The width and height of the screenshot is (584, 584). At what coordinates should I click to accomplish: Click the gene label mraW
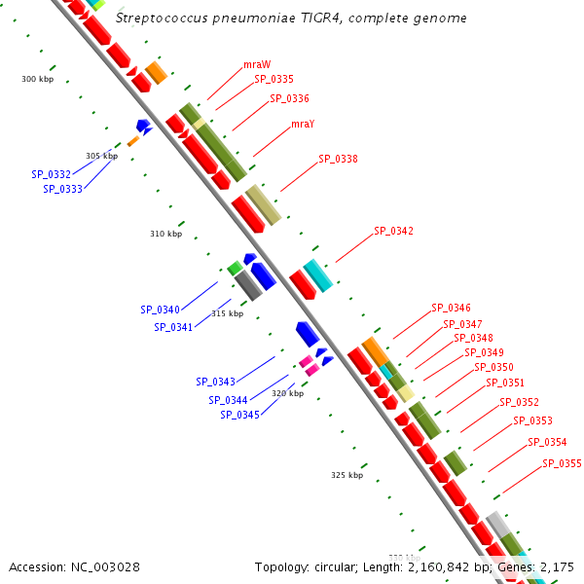coord(257,64)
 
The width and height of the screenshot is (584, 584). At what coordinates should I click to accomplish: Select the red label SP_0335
coord(274,79)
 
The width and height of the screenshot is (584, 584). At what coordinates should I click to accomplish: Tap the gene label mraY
coord(303,124)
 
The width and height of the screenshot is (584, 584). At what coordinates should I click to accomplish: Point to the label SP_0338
coord(338,159)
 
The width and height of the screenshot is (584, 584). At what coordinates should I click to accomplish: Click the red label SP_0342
coord(393,231)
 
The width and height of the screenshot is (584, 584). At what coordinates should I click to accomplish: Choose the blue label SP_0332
coord(51,174)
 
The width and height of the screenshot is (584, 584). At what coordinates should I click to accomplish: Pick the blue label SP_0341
coord(173,327)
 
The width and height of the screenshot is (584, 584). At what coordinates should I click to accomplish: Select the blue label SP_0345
coord(239,415)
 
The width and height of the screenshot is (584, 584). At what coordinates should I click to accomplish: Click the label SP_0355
coord(562,463)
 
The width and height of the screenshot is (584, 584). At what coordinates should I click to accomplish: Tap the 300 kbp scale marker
coord(38,79)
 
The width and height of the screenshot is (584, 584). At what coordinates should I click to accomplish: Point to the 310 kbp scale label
coord(165,234)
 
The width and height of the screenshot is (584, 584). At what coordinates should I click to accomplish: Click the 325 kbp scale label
coord(347,475)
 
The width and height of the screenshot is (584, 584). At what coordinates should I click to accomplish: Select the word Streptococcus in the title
coord(159,18)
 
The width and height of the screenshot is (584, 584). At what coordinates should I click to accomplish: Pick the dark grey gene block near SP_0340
coord(249,284)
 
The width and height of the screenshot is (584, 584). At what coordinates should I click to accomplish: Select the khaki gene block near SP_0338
coord(263,204)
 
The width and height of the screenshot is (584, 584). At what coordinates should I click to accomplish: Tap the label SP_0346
coord(451,308)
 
